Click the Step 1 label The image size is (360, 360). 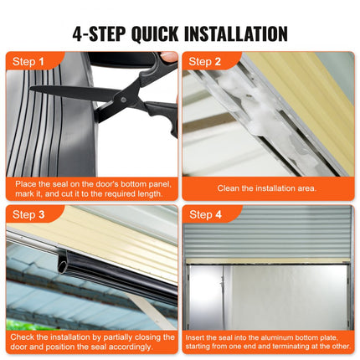[x=28, y=61]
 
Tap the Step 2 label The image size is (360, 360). [x=206, y=61]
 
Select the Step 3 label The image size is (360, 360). [x=28, y=215]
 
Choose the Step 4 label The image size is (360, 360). [x=206, y=215]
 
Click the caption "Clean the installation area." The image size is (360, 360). [x=268, y=188]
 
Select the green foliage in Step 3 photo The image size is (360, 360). [x=21, y=324]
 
